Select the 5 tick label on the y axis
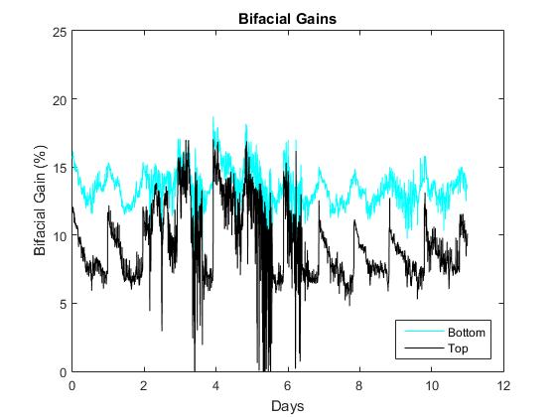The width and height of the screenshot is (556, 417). (63, 304)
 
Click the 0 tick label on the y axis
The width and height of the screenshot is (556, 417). (63, 371)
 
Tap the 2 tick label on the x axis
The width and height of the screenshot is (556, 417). (144, 385)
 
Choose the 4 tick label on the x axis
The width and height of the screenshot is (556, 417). (215, 385)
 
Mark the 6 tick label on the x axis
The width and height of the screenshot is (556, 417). (288, 385)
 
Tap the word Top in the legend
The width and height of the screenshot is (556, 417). (457, 348)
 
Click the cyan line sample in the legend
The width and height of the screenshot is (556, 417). (421, 333)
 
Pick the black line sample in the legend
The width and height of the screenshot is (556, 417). (421, 348)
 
